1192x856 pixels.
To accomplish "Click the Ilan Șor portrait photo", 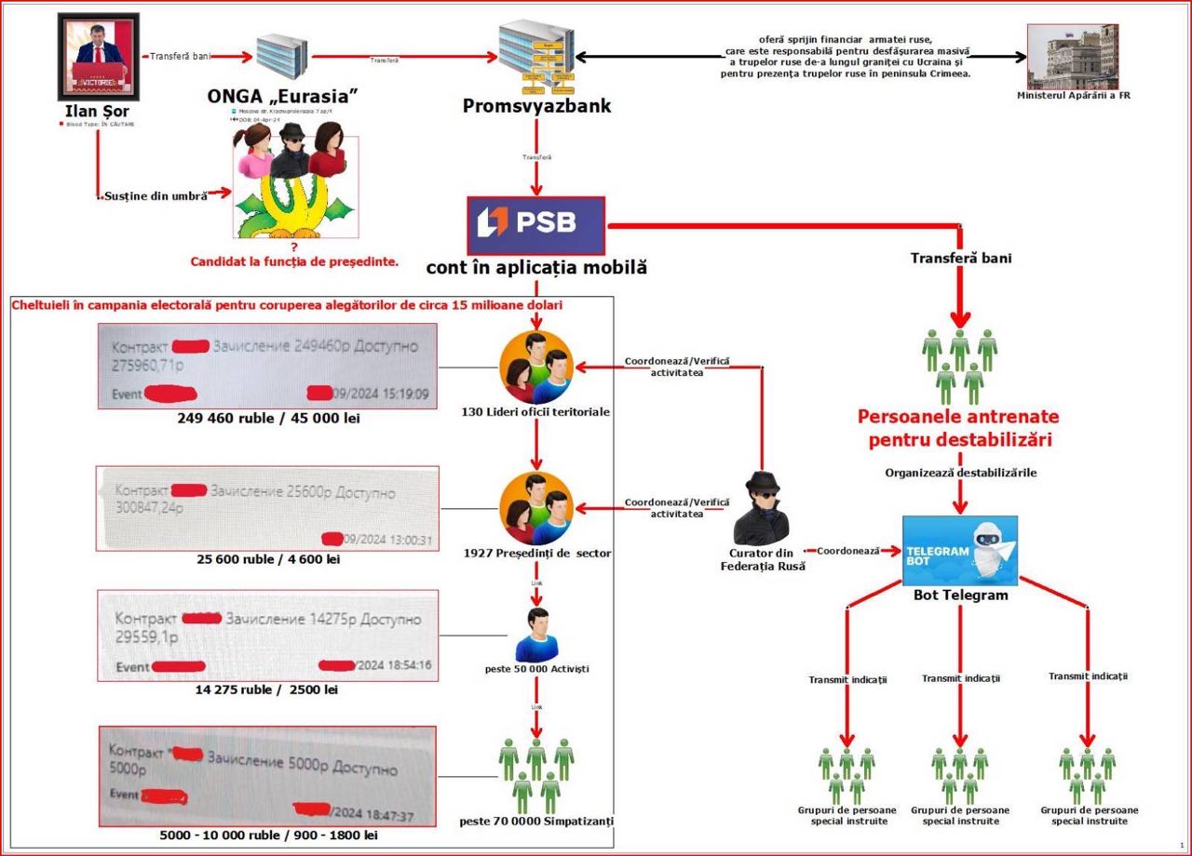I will (x=99, y=56).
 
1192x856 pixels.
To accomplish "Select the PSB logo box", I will (x=536, y=225).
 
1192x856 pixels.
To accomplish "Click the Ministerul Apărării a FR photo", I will (x=1072, y=56).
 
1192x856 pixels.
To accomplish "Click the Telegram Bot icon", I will (x=959, y=550).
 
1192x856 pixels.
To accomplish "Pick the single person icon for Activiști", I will (x=536, y=635).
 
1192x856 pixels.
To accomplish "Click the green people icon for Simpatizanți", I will (x=535, y=774).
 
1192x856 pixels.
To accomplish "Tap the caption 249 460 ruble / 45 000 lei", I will (x=268, y=419).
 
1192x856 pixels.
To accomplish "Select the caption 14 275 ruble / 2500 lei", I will (x=266, y=689).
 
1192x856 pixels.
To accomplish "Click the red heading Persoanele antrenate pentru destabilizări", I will (x=957, y=428).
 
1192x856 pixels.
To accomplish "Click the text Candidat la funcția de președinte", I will (x=294, y=261).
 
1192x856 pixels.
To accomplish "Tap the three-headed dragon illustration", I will (x=295, y=191).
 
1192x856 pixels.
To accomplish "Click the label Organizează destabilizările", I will (x=960, y=473).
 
